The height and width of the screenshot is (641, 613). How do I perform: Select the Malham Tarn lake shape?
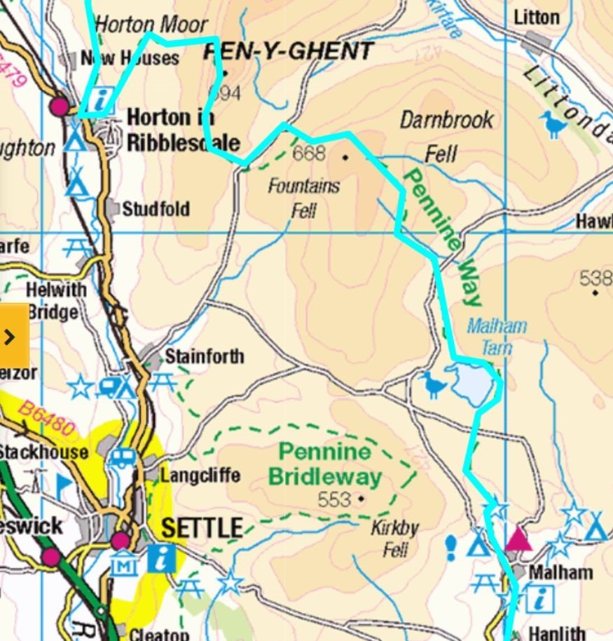(471, 383)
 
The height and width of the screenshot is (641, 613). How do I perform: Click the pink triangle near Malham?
(517, 538)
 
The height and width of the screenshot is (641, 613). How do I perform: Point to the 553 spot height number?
(334, 499)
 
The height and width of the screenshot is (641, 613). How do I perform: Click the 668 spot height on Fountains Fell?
(310, 154)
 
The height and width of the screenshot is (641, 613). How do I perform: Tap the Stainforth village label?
(204, 356)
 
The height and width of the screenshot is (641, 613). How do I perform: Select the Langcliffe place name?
(200, 475)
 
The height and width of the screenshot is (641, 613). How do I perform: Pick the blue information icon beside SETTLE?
(162, 559)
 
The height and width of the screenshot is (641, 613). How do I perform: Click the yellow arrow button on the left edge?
(12, 337)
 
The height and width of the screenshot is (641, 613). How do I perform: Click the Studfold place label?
(156, 209)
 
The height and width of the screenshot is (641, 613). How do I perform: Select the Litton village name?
(537, 18)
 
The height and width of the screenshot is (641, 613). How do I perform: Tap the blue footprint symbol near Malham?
(452, 545)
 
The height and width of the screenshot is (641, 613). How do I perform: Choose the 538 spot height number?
(595, 278)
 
